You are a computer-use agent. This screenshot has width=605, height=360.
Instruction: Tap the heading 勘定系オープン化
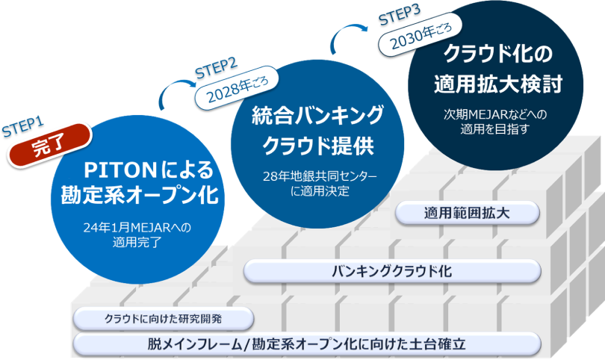[x=140, y=196]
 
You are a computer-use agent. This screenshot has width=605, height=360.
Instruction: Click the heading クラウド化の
[x=497, y=54]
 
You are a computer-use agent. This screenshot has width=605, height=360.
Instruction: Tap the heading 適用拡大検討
[x=497, y=84]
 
